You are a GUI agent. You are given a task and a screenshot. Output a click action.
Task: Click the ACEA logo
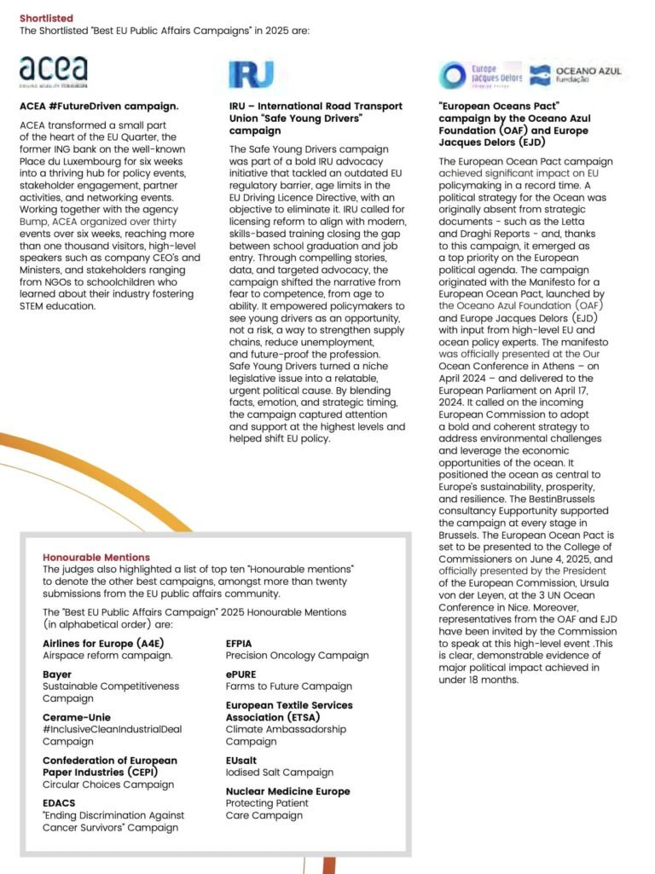tap(53, 72)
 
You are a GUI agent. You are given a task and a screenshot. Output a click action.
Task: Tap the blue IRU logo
tap(251, 74)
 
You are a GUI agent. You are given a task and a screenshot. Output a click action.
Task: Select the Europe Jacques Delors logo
tap(480, 74)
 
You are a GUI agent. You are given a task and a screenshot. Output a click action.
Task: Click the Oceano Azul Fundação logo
tap(576, 75)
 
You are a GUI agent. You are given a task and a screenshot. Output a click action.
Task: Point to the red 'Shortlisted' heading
tap(46, 18)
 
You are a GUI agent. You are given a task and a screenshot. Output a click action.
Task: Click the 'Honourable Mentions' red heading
tap(96, 557)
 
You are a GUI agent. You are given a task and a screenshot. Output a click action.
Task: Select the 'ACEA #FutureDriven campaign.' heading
tap(99, 107)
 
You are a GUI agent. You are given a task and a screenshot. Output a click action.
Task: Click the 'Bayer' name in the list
tap(57, 674)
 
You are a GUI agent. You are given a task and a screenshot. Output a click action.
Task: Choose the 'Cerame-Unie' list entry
tap(77, 717)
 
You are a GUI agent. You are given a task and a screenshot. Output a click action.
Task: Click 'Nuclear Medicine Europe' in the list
tap(287, 791)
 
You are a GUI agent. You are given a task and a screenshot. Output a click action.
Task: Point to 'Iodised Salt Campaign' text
tap(279, 773)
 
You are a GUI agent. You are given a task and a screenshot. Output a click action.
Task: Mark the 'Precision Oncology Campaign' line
tap(297, 656)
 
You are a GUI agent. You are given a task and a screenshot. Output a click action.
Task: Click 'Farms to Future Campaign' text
tap(288, 686)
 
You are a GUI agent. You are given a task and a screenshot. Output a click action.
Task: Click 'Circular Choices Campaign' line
tap(108, 784)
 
